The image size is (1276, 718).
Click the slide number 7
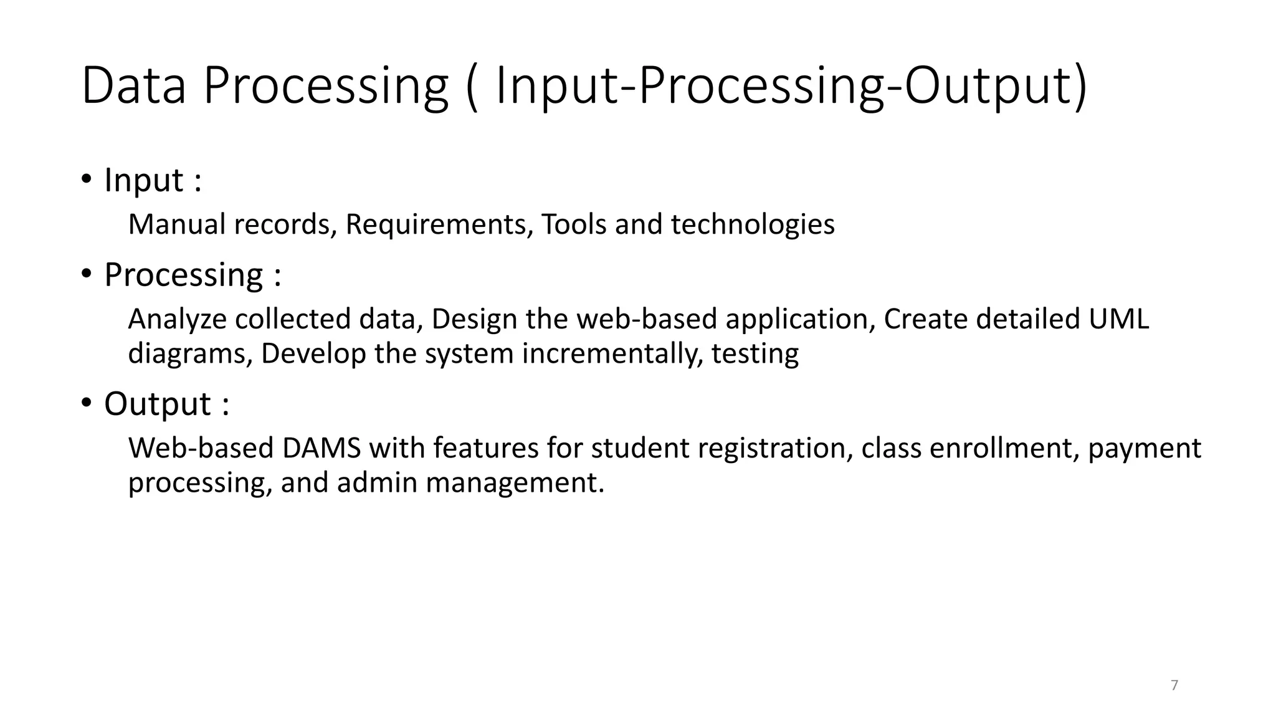tap(1174, 685)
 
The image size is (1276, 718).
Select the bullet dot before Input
tap(87, 180)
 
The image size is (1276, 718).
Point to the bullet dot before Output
tap(87, 403)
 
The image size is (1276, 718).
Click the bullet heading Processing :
tap(193, 275)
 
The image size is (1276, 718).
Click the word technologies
tap(752, 224)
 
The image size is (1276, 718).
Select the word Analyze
tap(177, 319)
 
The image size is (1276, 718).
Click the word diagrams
tap(190, 354)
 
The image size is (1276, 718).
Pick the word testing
tap(755, 354)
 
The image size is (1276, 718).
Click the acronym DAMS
tap(321, 448)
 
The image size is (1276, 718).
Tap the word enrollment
tap(1004, 448)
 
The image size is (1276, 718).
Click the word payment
tap(1144, 448)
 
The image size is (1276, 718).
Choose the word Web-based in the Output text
tap(201, 448)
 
